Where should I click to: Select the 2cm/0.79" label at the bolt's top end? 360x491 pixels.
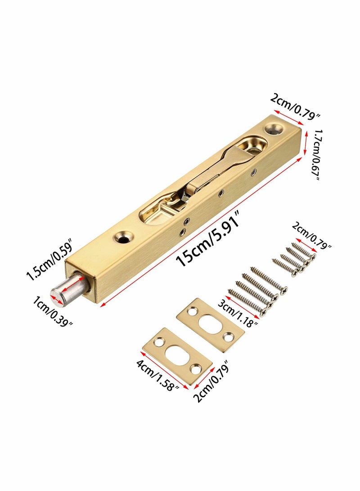295,106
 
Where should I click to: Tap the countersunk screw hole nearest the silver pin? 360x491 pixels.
121,235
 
